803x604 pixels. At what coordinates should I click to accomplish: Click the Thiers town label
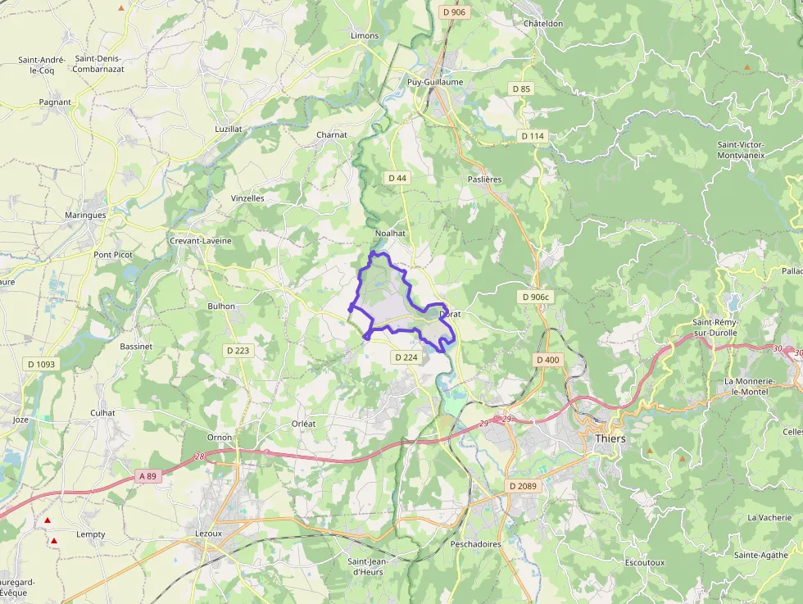pos(607,438)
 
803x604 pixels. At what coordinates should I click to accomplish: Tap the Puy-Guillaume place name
pos(435,82)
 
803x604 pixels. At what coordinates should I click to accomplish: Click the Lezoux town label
pos(208,534)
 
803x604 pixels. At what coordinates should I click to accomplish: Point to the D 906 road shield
pos(453,12)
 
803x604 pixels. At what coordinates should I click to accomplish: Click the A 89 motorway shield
pos(147,476)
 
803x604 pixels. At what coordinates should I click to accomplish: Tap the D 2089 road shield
pos(522,486)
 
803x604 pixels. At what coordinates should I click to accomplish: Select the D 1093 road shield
pos(42,364)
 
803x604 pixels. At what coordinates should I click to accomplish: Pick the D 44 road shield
pos(397,178)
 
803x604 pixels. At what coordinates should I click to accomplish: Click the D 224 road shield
pos(406,357)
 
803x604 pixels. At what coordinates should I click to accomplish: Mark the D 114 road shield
pos(531,136)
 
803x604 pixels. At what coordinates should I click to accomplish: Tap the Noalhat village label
pos(390,234)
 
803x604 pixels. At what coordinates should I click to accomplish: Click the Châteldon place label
pos(543,24)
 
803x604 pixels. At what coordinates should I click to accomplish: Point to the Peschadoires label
pos(475,543)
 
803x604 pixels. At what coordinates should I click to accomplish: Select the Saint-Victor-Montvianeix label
pos(741,149)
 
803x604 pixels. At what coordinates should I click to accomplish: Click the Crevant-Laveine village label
pos(200,241)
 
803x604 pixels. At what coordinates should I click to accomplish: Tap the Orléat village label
pos(304,423)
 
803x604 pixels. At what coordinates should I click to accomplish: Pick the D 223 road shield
pos(238,350)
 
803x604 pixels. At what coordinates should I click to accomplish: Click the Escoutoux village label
pos(645,563)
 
